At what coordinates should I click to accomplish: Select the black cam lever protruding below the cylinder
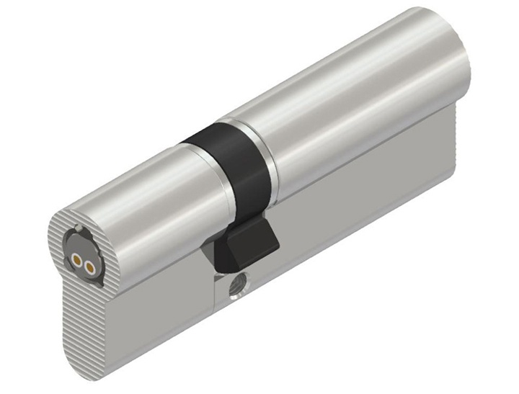pos(245,244)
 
